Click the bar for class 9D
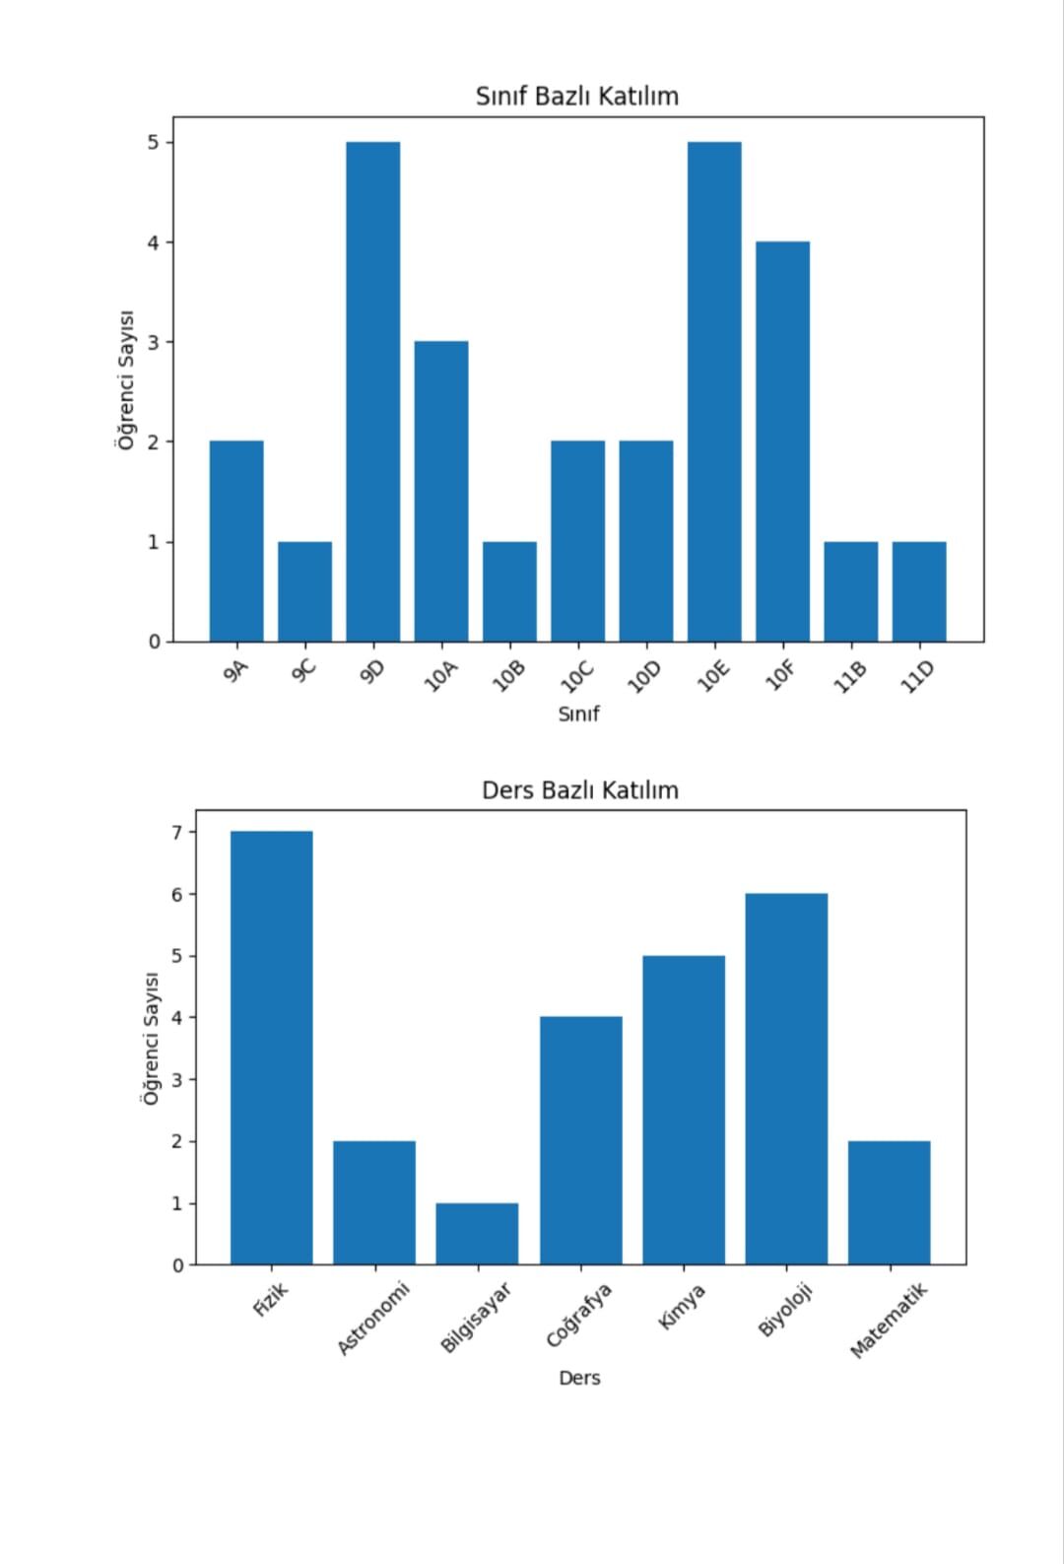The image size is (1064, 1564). (372, 392)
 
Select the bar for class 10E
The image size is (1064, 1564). (714, 392)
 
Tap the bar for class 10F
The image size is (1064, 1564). (782, 442)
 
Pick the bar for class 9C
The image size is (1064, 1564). (304, 591)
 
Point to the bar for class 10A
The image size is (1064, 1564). (440, 491)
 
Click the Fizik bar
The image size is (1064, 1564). (271, 1048)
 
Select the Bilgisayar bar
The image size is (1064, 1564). (477, 1233)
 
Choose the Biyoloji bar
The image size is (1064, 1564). (786, 1078)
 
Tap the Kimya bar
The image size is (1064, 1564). (684, 1110)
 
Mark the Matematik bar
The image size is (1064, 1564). (889, 1202)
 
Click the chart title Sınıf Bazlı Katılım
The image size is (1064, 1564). (577, 97)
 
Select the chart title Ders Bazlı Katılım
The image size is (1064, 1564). (579, 790)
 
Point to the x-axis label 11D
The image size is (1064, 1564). (917, 677)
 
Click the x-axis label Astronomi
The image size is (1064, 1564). (372, 1318)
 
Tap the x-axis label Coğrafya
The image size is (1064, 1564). (579, 1315)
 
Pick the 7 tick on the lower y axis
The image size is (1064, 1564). (177, 833)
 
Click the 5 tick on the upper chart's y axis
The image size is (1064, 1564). (154, 143)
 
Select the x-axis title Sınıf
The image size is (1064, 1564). (578, 714)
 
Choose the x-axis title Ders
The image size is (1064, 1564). (579, 1378)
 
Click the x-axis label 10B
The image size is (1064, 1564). (508, 677)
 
